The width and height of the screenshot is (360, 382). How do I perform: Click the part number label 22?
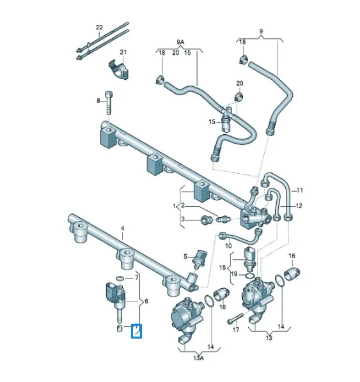point(99,27)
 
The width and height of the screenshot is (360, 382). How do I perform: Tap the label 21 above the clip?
point(124,52)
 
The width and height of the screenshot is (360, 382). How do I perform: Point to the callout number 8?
point(99,101)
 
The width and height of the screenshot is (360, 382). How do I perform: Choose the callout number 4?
point(123,228)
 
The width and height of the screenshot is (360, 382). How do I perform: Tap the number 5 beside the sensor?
point(185,257)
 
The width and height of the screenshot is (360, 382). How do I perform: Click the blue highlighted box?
point(136,332)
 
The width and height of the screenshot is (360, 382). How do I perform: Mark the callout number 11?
point(300,190)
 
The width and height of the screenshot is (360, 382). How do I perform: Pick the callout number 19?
point(234,274)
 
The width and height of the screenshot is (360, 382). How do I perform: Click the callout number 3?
point(182,219)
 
